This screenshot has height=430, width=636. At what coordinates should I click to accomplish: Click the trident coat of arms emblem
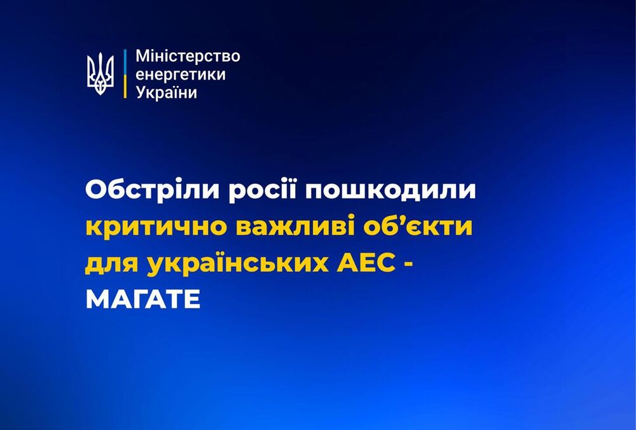point(100,74)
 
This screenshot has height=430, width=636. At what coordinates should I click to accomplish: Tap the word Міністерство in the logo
point(188,56)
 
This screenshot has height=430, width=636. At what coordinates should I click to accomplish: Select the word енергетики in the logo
point(181,74)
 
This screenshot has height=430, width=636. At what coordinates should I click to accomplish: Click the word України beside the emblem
point(167,92)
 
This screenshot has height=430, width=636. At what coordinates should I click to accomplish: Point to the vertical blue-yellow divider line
point(125,74)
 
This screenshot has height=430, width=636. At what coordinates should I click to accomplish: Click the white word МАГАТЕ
point(142,298)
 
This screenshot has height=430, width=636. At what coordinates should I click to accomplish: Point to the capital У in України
point(141,92)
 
